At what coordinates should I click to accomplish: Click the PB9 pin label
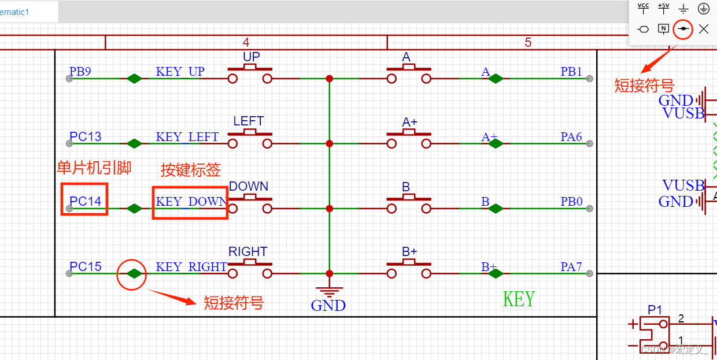tap(80, 72)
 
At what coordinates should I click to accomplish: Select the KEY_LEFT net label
tap(187, 137)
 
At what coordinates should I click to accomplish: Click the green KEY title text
tap(519, 299)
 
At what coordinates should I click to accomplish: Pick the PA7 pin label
tap(571, 267)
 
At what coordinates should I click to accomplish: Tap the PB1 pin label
tap(571, 72)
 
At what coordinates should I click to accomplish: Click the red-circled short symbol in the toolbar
tap(683, 28)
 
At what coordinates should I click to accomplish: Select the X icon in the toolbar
tap(703, 28)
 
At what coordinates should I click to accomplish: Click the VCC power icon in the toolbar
tap(644, 8)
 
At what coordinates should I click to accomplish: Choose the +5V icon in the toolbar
tap(664, 8)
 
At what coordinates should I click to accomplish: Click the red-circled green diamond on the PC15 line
tap(134, 274)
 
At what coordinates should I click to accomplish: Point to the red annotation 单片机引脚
tap(94, 168)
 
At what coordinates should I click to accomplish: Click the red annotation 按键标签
tap(191, 170)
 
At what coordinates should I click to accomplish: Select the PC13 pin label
tap(86, 137)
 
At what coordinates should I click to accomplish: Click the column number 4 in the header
tap(246, 42)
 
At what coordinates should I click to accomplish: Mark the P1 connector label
tap(655, 310)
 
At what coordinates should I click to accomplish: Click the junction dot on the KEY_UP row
tap(329, 78)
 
